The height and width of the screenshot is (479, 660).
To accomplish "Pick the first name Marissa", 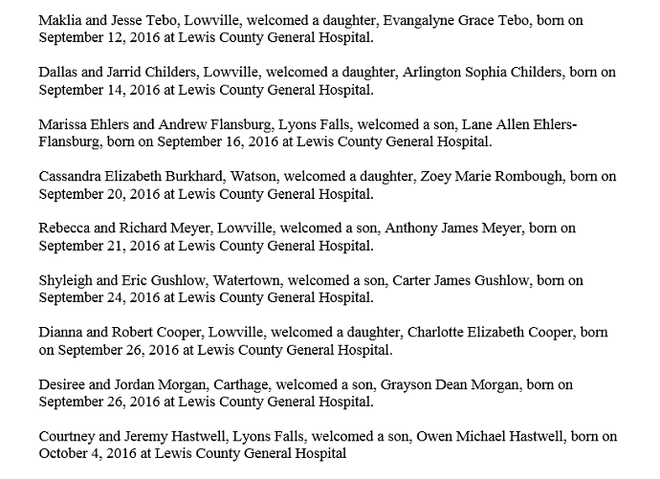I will (64, 125).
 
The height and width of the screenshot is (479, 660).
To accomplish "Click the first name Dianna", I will (62, 333).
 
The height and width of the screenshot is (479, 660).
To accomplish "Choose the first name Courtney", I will (68, 437).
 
